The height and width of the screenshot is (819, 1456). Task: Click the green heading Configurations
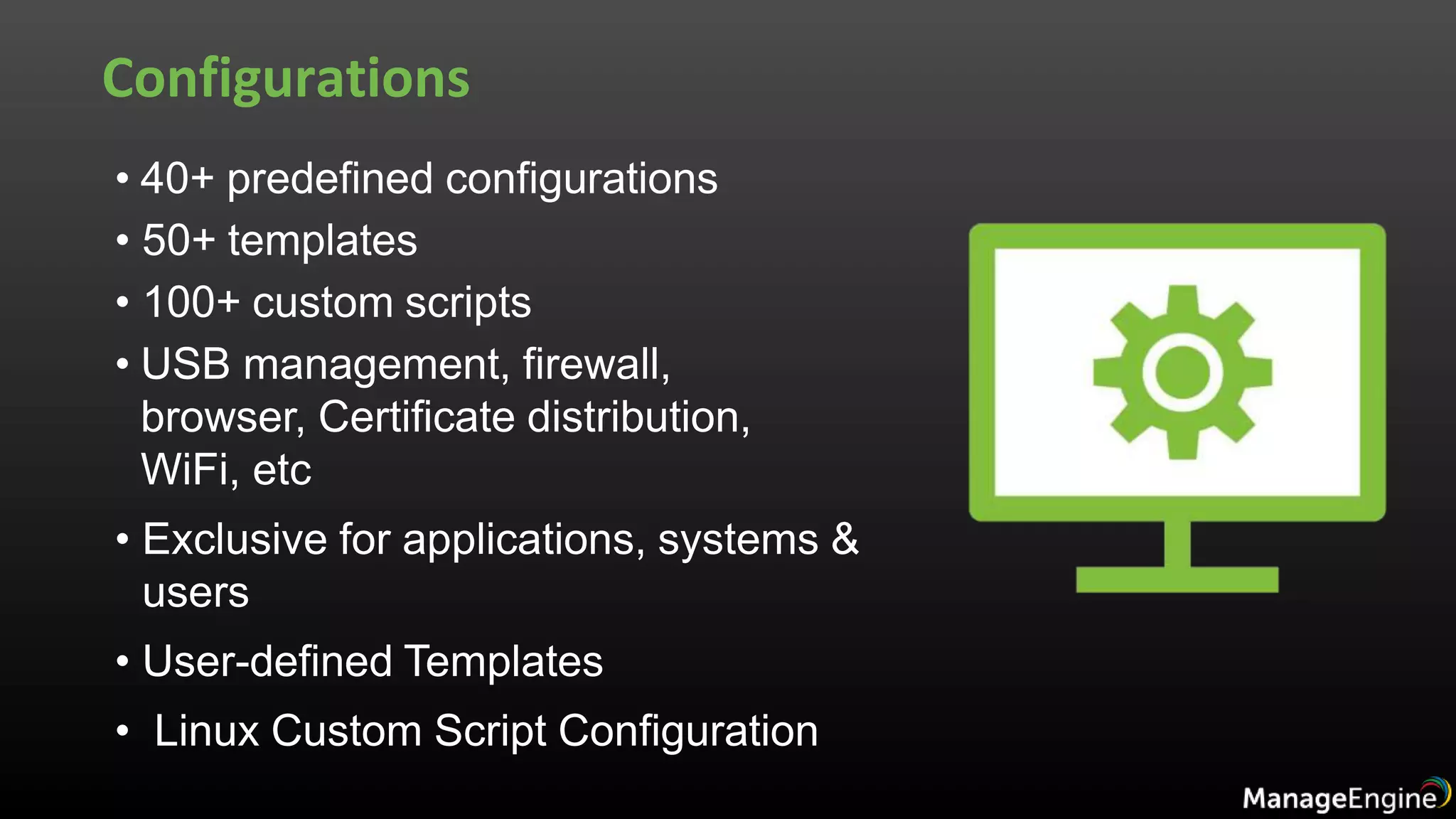(x=286, y=78)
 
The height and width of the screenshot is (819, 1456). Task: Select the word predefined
(x=330, y=179)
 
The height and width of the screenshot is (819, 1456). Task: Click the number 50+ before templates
(x=178, y=240)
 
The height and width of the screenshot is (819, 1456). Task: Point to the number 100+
(x=191, y=302)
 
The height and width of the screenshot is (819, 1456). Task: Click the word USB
(x=186, y=364)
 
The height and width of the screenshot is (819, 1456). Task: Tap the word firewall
(x=596, y=364)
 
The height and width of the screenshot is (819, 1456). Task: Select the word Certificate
(x=416, y=417)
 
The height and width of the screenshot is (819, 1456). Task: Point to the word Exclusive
(x=234, y=539)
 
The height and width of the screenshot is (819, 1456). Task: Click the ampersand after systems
(x=845, y=539)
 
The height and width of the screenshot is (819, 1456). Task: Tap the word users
(x=196, y=592)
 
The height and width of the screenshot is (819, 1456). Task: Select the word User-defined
(x=267, y=661)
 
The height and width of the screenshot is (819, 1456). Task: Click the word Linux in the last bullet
(x=206, y=731)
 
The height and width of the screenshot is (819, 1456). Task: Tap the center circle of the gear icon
(x=1182, y=372)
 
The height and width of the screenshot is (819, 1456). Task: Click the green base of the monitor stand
(x=1177, y=579)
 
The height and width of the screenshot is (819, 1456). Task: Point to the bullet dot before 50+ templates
(x=123, y=240)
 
